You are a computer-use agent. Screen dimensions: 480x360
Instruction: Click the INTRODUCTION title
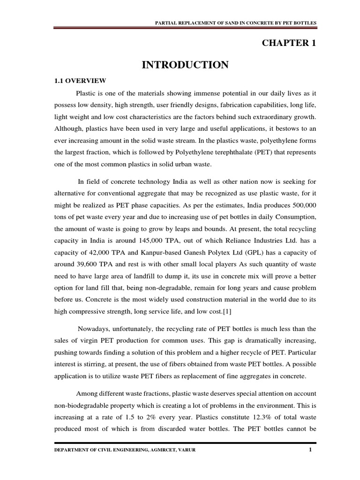pyautogui.click(x=185, y=65)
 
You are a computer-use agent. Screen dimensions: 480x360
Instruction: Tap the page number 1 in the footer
pyautogui.click(x=310, y=451)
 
